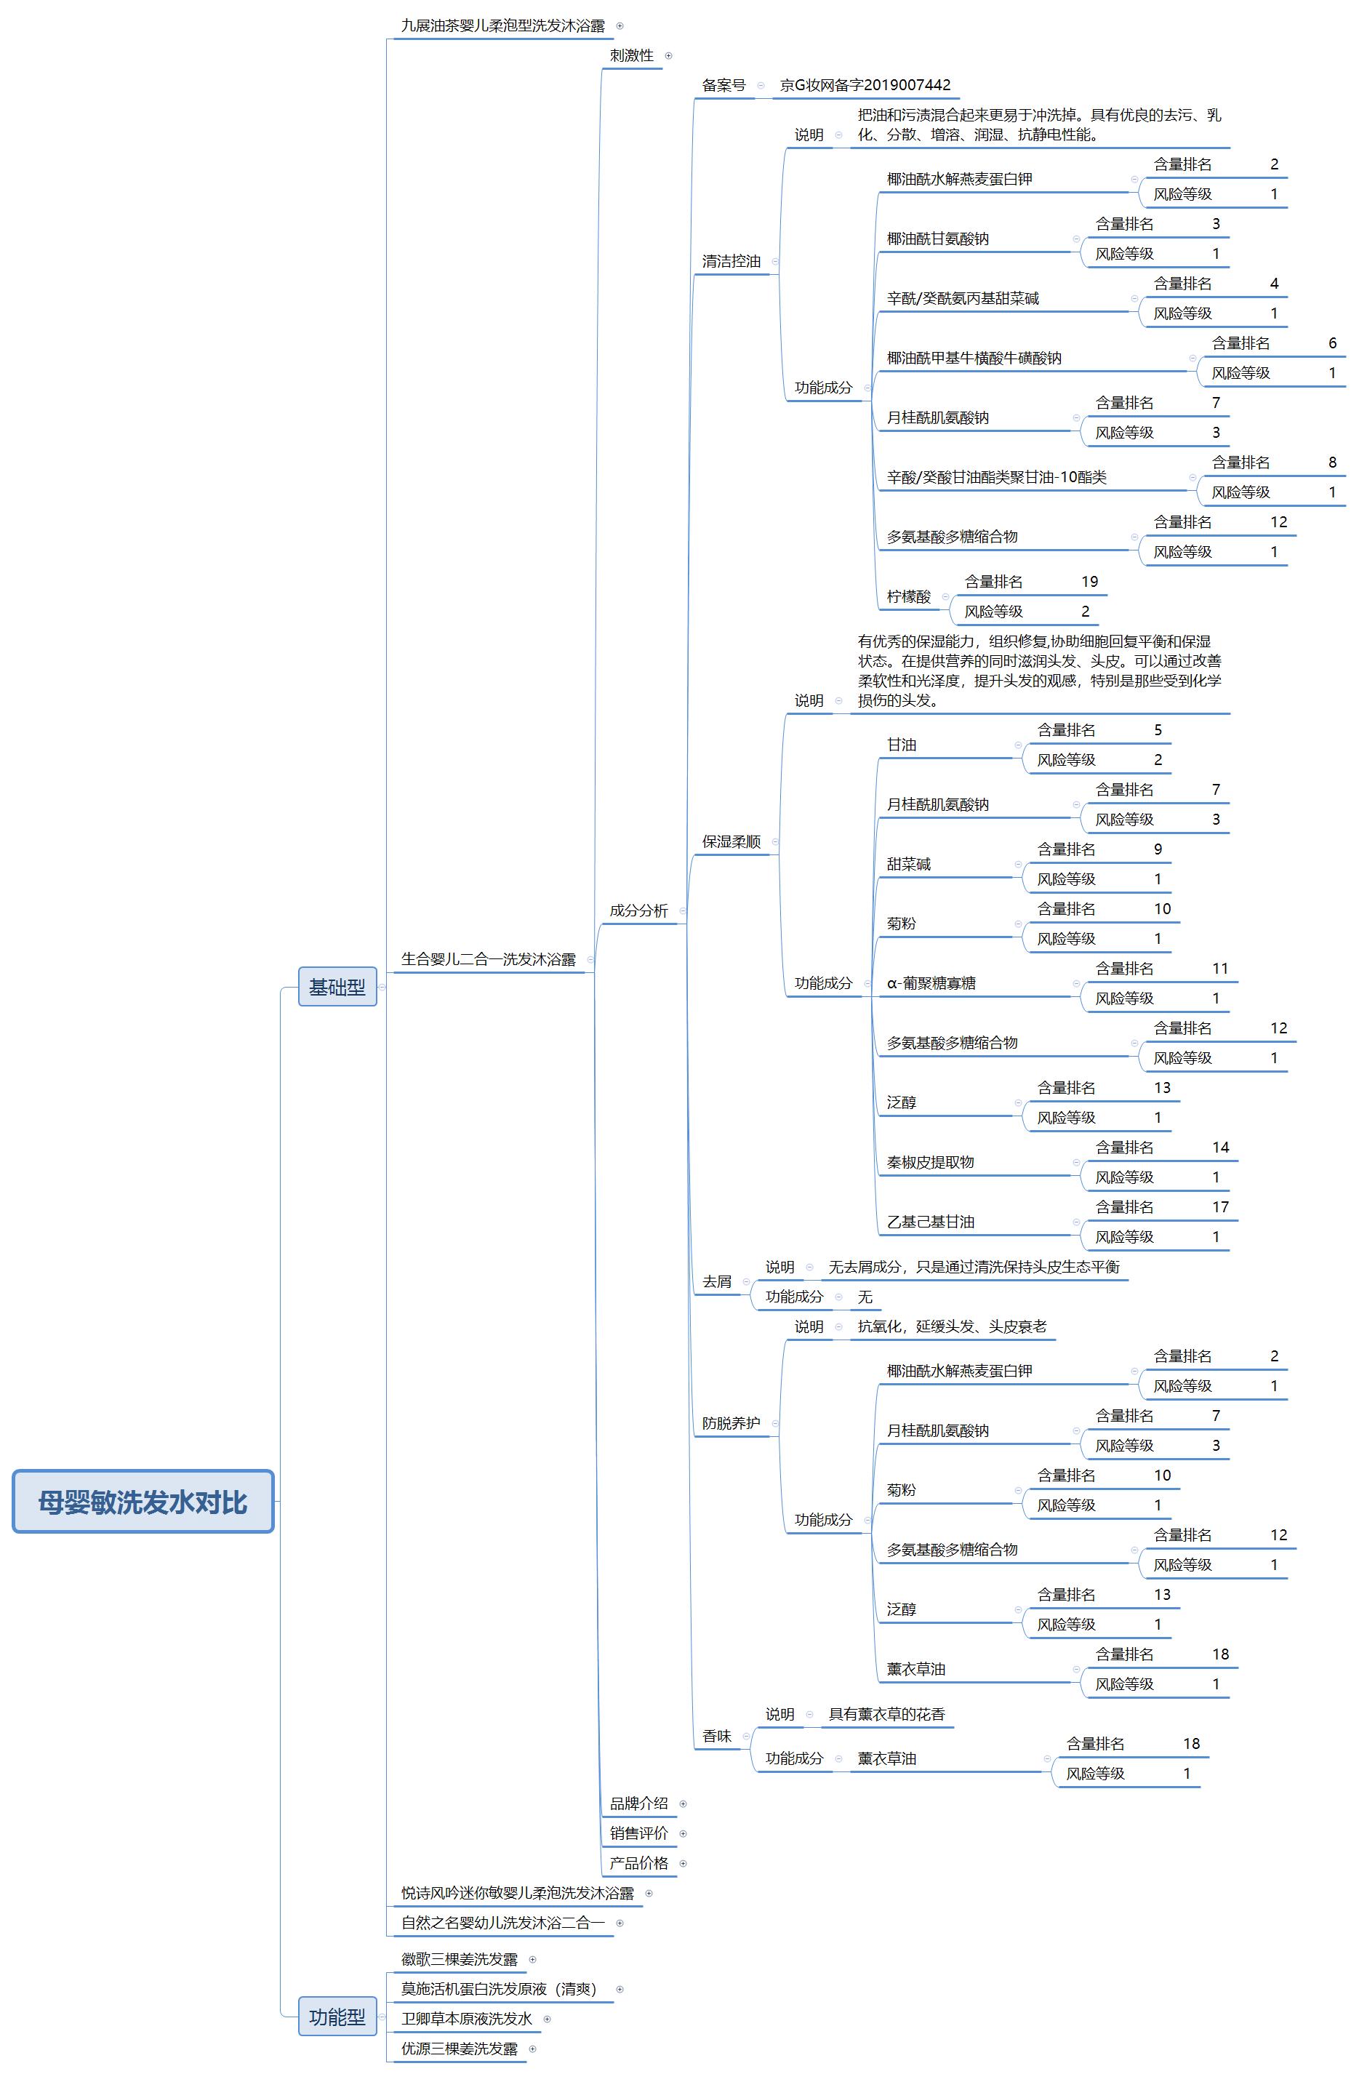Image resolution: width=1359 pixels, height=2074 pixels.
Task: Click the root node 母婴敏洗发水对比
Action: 143,1501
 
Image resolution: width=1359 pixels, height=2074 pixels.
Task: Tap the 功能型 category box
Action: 337,2017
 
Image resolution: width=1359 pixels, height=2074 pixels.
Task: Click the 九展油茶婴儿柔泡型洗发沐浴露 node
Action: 502,26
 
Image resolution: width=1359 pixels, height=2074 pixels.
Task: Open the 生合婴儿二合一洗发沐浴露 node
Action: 488,959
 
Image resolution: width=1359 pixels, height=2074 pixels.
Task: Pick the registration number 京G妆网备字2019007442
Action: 865,85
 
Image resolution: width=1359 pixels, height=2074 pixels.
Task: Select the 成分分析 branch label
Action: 638,910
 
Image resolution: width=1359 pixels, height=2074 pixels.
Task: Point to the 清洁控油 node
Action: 731,261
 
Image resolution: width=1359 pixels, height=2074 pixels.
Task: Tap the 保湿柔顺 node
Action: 731,842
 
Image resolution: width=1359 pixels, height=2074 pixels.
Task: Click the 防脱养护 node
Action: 731,1423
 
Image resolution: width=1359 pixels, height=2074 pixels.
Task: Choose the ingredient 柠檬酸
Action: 909,597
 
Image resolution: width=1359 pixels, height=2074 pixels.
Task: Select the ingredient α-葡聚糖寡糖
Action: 931,984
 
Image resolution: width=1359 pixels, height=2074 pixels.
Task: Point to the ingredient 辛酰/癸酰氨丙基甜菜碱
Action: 963,299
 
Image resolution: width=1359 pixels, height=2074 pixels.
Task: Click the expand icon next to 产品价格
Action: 683,1864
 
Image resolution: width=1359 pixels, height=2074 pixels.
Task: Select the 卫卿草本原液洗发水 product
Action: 466,2019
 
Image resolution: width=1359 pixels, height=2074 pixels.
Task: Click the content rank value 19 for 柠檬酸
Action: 1089,582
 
